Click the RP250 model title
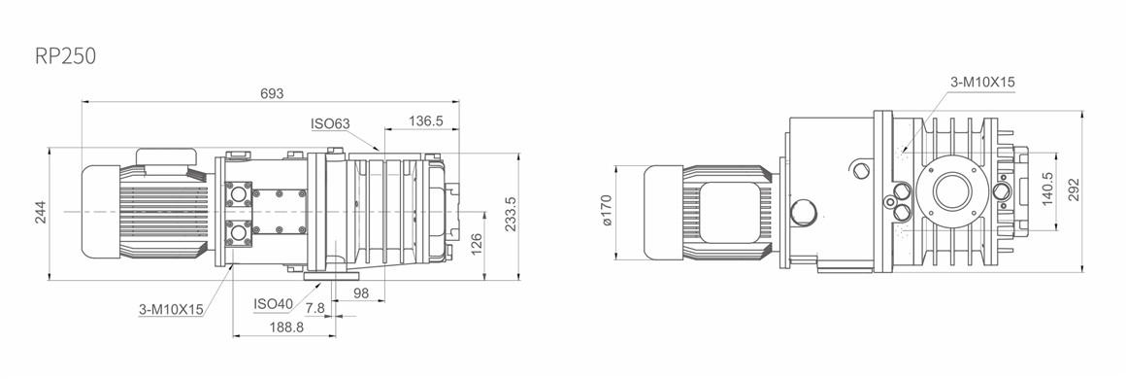[65, 56]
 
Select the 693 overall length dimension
[272, 93]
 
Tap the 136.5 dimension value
[425, 121]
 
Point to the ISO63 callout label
[330, 123]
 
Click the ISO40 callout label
[273, 304]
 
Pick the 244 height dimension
[41, 212]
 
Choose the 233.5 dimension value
[511, 214]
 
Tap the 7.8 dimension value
[315, 308]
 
